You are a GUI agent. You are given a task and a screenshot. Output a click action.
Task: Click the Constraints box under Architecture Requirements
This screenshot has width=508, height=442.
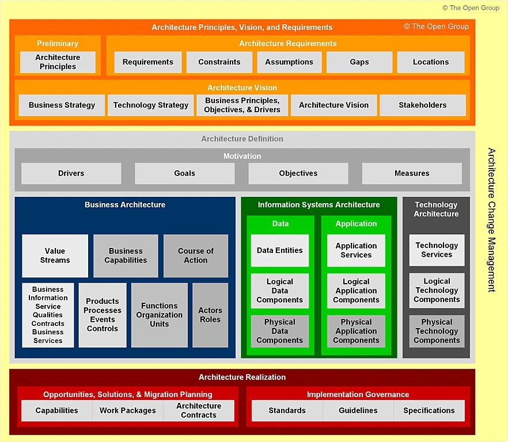coord(219,62)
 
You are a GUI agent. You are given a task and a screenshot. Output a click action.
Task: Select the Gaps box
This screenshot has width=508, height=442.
coord(359,62)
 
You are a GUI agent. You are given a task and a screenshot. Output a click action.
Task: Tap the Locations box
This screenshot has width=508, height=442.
coord(430,62)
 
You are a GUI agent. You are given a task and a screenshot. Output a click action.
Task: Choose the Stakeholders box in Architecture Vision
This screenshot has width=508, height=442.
coord(422,105)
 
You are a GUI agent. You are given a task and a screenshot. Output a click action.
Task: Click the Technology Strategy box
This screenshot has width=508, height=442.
coord(150,105)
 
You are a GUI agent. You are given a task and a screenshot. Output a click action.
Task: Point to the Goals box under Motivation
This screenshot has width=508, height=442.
coord(184,173)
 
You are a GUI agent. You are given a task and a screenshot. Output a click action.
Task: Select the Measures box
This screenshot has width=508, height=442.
coord(412,173)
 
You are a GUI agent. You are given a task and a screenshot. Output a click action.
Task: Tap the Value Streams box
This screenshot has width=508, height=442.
coord(55,256)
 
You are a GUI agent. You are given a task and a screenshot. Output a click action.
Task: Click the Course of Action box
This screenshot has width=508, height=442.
coord(196,256)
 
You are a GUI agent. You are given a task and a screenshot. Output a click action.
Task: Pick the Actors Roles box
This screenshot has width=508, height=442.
coord(210,315)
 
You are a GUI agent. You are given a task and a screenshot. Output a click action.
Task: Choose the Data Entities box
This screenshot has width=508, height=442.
coord(280,251)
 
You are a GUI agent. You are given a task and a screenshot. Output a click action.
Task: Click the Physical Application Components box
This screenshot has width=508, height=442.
coord(356,331)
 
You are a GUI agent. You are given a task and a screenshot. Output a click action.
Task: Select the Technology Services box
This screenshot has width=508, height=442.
coord(437,250)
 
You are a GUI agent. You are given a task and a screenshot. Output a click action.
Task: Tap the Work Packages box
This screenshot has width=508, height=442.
coord(127,410)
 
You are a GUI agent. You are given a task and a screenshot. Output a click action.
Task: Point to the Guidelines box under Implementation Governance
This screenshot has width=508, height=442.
coord(358,410)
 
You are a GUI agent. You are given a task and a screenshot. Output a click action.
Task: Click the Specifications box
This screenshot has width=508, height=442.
coord(429,410)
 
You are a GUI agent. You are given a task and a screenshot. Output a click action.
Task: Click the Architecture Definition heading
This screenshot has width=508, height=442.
coord(242,139)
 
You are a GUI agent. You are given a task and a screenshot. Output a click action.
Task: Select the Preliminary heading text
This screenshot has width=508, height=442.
coord(58,44)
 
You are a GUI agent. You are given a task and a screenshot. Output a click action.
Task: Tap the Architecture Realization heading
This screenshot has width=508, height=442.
coord(242,378)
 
